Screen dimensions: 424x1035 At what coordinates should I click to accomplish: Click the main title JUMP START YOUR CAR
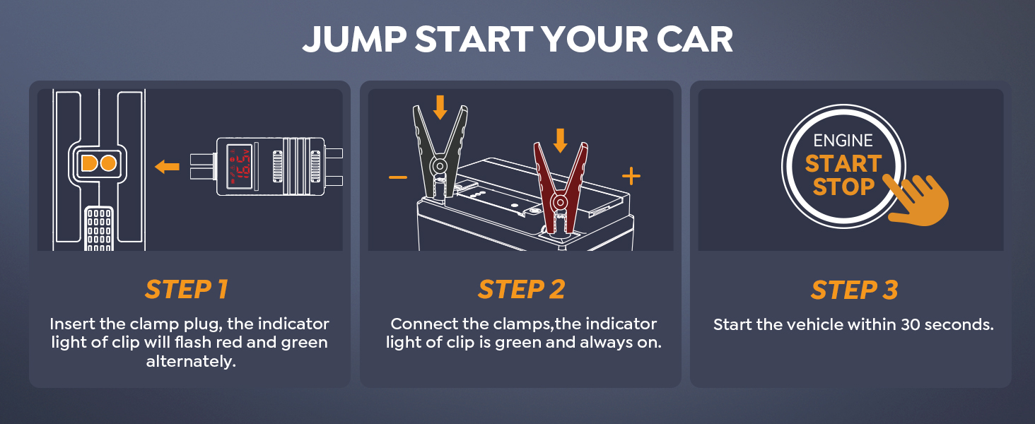517,40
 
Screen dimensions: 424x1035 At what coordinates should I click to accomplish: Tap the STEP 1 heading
187,290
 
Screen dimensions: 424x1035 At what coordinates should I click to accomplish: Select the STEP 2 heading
520,290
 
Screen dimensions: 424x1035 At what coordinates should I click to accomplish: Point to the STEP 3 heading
854,290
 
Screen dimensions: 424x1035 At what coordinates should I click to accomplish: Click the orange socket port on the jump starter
98,163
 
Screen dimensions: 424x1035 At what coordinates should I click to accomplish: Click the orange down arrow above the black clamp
440,107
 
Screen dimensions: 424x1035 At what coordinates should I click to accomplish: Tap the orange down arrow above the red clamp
560,139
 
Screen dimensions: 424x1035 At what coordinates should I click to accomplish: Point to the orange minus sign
398,176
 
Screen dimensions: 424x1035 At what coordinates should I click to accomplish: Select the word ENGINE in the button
843,141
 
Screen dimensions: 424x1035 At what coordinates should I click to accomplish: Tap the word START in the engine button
843,163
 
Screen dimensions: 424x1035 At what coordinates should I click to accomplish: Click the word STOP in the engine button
843,187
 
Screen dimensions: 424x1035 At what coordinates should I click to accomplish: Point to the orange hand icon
918,200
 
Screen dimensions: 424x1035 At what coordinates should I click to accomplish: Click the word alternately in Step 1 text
189,362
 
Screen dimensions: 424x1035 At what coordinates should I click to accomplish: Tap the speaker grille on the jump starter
98,229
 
